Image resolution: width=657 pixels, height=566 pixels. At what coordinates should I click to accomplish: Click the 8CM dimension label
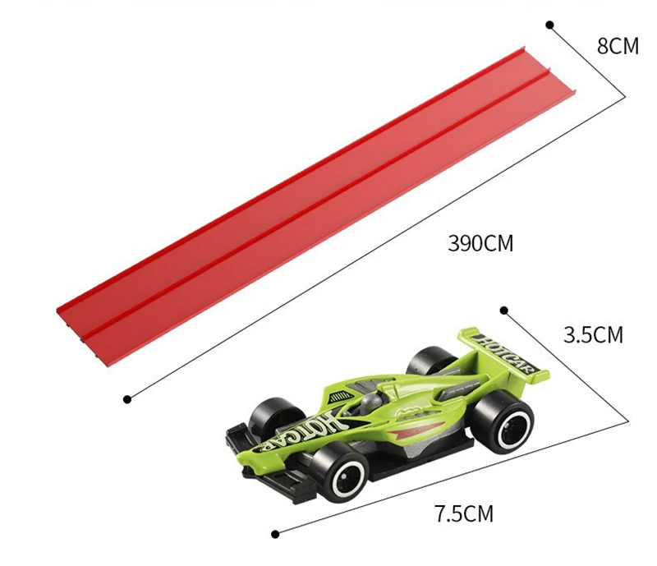[x=617, y=46]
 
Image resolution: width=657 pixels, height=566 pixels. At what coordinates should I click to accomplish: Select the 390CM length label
[x=480, y=243]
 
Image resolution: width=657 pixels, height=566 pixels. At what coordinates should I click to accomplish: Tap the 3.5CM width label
[x=593, y=335]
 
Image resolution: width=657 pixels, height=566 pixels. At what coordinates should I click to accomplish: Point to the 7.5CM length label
[x=464, y=514]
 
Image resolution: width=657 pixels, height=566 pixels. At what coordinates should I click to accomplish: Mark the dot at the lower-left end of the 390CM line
[x=127, y=399]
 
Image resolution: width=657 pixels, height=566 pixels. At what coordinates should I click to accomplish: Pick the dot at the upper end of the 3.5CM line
[x=504, y=311]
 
